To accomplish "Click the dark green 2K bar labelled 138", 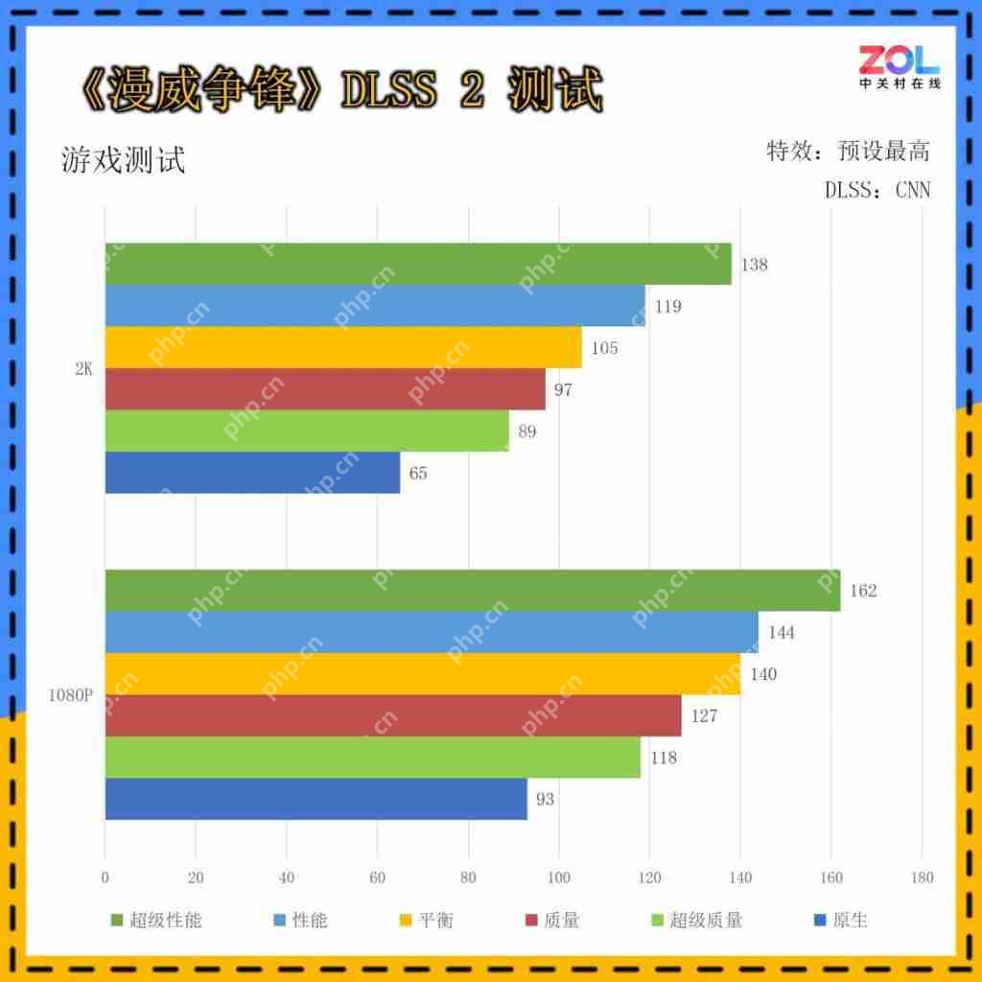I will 418,264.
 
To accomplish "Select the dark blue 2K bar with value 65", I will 252,473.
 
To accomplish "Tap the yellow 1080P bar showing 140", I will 422,674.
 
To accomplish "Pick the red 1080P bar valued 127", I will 393,715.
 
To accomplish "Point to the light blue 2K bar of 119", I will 375,306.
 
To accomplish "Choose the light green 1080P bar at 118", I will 372,758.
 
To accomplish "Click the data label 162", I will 863,591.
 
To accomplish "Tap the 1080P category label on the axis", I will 70,695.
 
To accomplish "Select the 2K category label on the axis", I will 83,368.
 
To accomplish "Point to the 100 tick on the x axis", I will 559,877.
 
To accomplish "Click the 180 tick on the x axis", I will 922,877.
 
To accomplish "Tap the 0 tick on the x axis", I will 105,877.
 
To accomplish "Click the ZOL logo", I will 900,67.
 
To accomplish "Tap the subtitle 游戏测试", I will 123,160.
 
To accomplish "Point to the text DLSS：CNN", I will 877,190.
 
